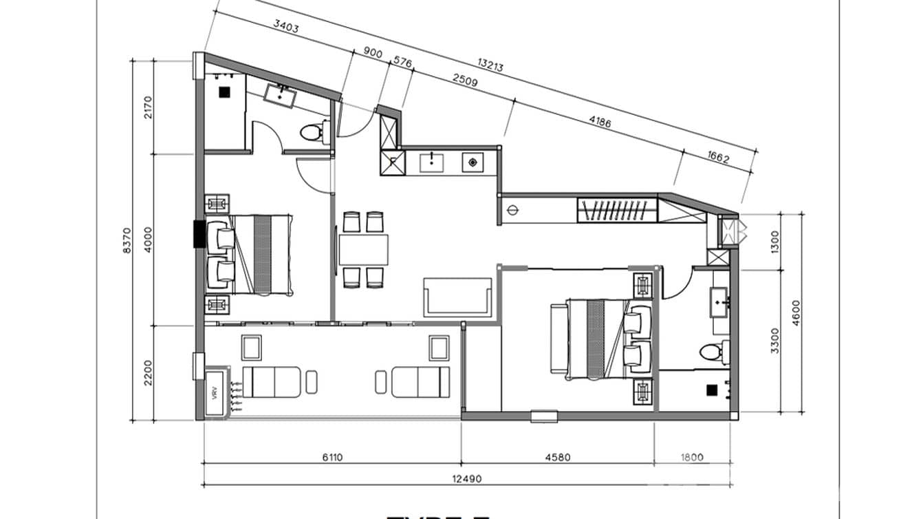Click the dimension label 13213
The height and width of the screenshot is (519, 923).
(490, 66)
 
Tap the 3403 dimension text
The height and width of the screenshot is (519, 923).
(286, 27)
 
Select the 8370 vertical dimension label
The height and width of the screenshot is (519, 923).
(126, 241)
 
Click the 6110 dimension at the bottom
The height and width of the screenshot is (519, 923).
(332, 456)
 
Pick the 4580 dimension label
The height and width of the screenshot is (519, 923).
(558, 456)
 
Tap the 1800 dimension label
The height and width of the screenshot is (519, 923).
(693, 456)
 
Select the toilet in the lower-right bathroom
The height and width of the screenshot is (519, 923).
(713, 353)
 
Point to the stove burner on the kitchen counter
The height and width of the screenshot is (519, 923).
(473, 162)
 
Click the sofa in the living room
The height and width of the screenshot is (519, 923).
(458, 297)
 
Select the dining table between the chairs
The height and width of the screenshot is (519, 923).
(363, 250)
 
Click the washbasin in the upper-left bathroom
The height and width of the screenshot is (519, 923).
(281, 95)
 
